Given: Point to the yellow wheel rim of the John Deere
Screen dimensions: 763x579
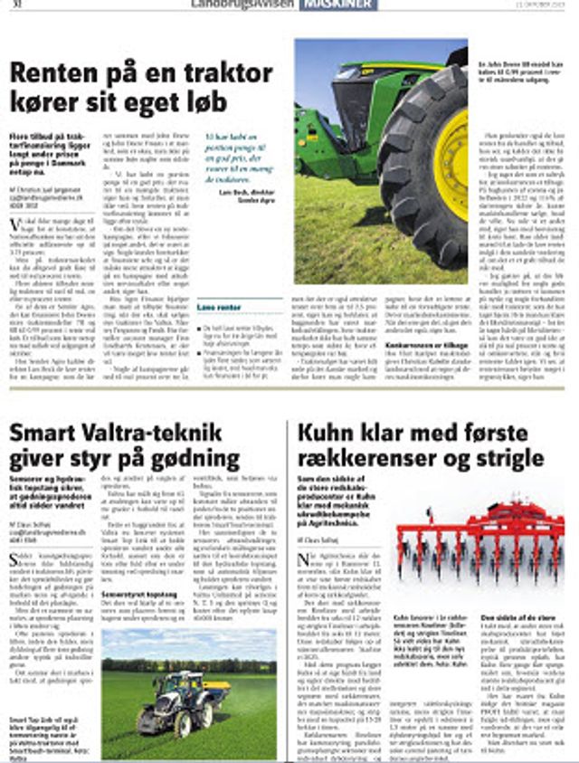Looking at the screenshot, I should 451,164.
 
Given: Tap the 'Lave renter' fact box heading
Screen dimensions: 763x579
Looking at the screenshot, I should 218,308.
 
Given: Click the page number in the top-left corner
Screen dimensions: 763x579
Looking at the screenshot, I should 15,5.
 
